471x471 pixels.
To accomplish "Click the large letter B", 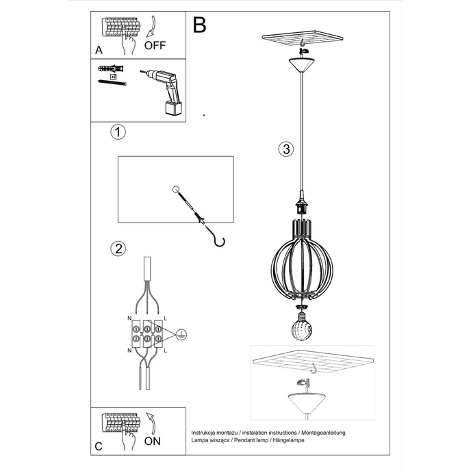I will click(199, 25).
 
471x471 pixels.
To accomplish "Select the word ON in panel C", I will click(153, 441).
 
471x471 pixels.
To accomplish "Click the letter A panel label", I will click(99, 51).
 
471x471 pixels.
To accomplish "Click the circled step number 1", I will click(118, 132).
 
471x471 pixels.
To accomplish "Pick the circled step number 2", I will click(118, 249).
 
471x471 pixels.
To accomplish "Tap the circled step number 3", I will click(286, 149).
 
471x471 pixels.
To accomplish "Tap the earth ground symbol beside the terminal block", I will click(180, 334).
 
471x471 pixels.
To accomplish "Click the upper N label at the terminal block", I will click(129, 319).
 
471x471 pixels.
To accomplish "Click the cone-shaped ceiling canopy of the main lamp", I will click(302, 64).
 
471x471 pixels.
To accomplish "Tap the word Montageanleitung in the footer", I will click(322, 433).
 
